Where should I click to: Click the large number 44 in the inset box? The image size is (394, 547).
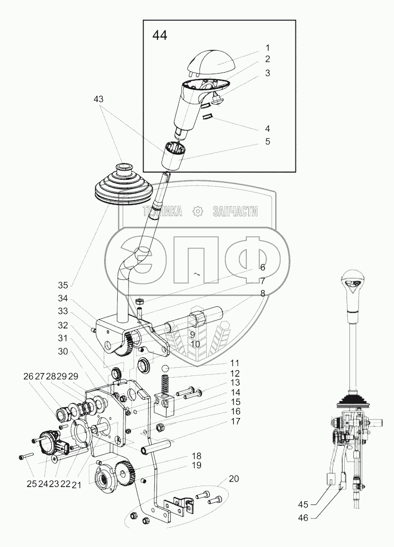(159, 36)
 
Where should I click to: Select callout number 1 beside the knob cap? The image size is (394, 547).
(267, 48)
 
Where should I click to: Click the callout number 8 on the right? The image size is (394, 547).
(262, 293)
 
